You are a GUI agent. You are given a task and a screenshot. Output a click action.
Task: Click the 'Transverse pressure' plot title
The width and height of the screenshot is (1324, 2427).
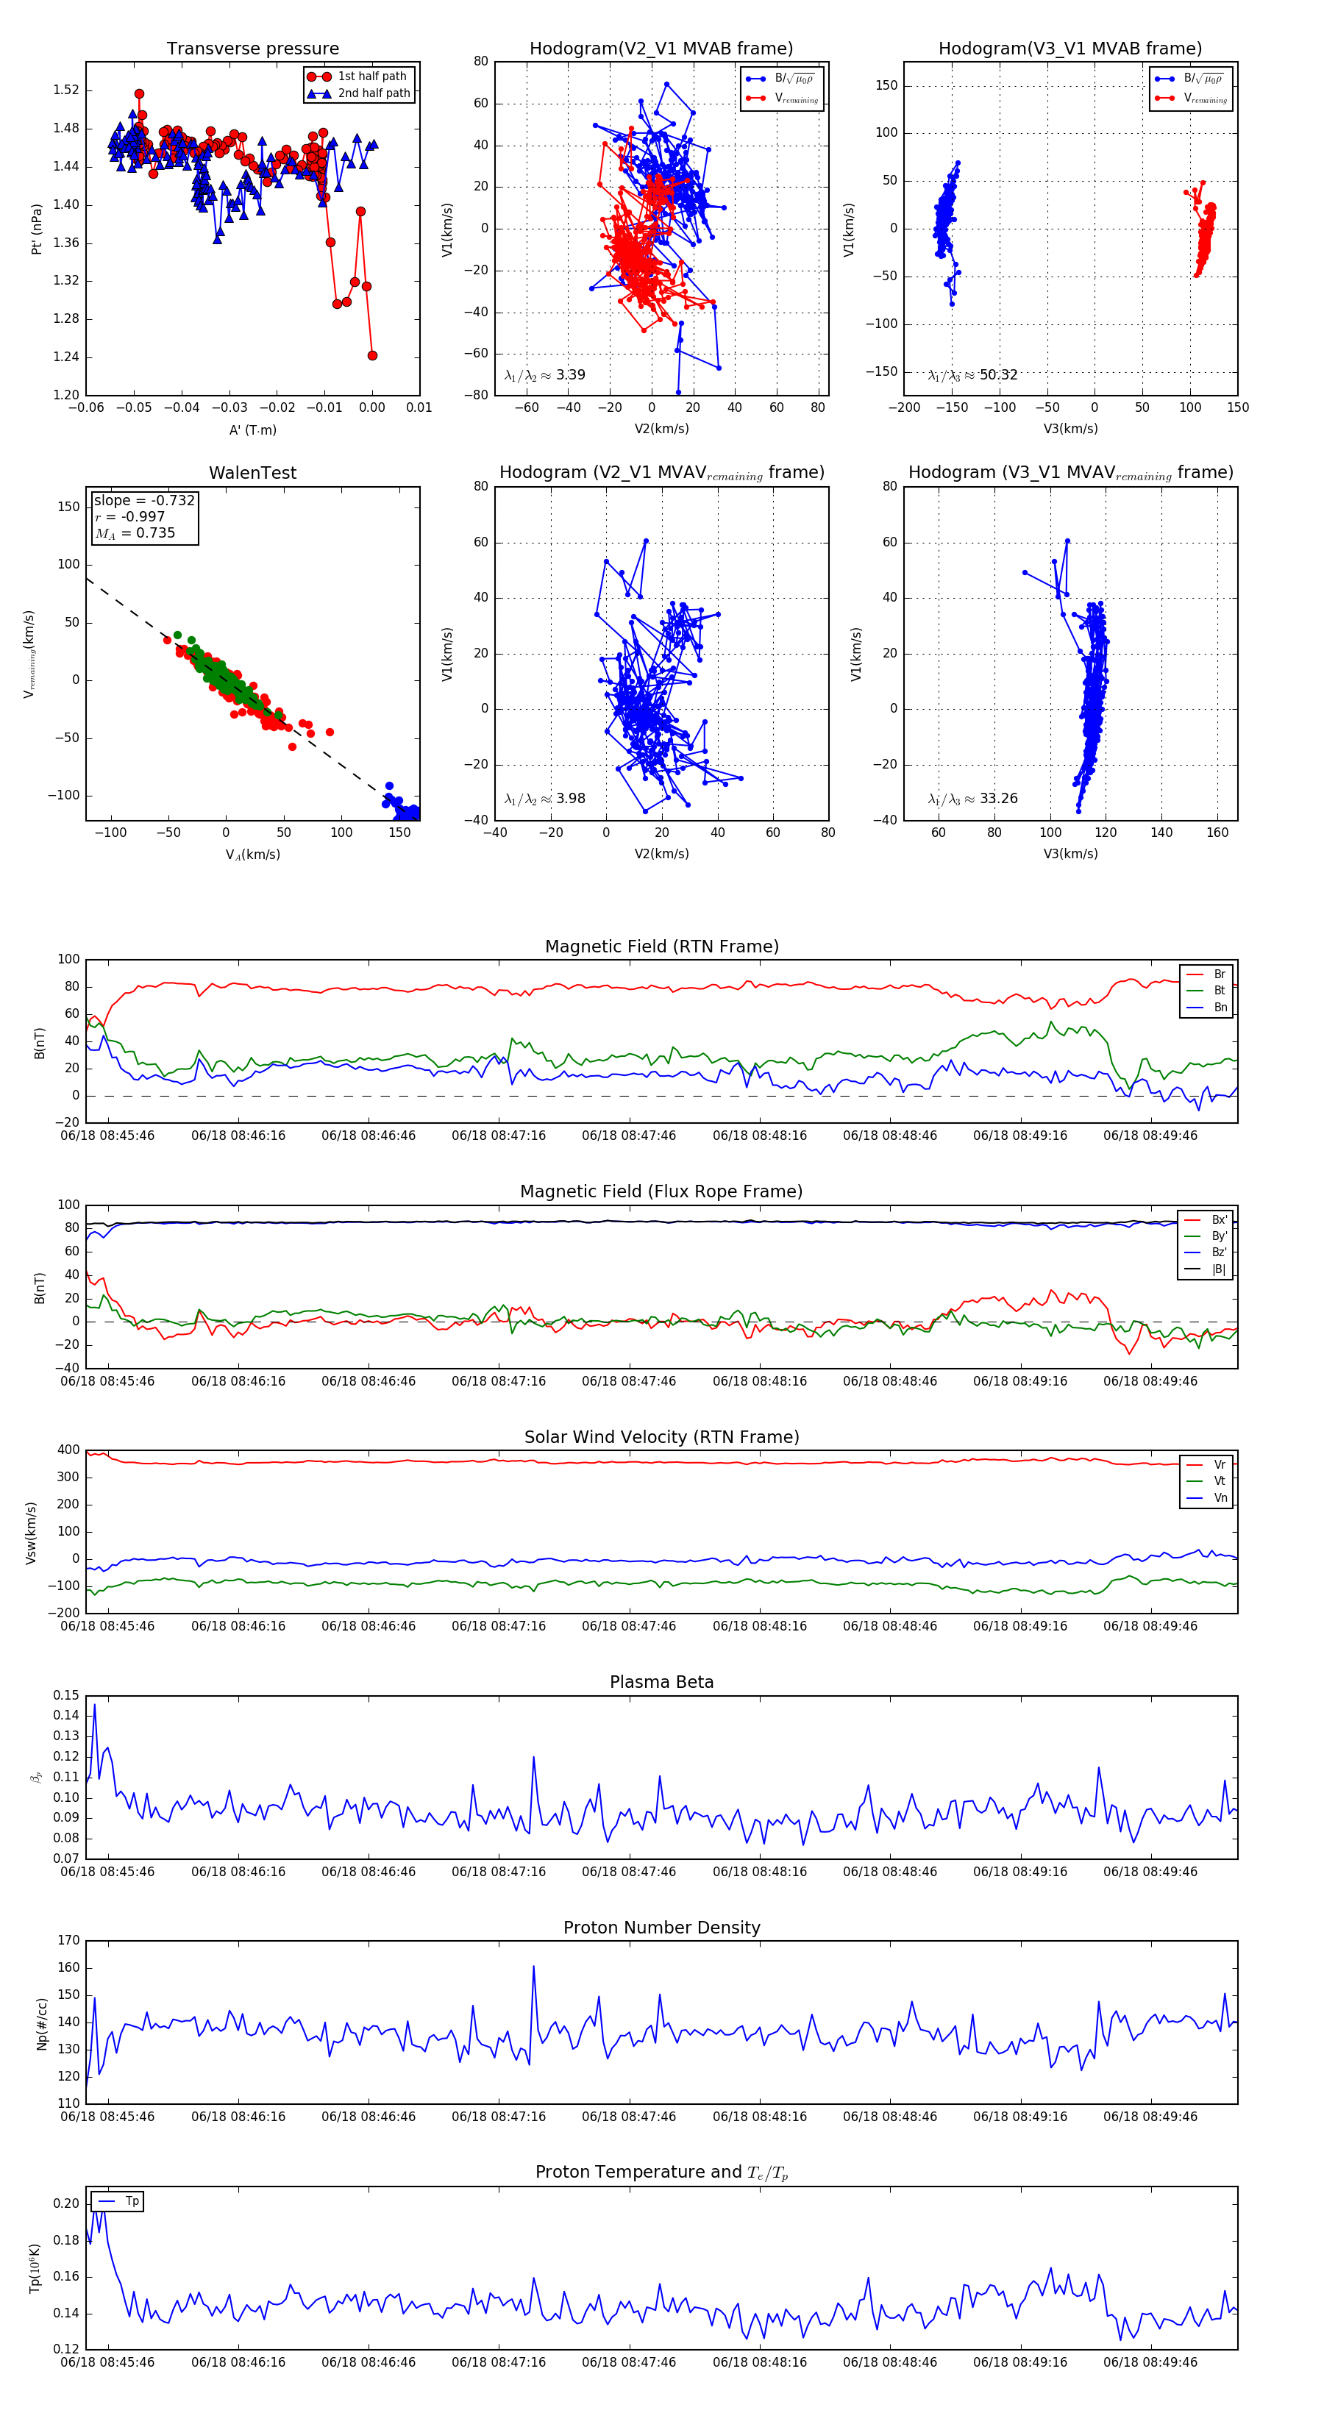pos(252,49)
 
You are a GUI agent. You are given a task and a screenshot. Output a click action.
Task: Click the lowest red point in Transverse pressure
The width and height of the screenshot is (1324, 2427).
pos(372,355)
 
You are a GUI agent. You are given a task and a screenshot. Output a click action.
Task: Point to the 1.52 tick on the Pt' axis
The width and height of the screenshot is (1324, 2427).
pos(66,90)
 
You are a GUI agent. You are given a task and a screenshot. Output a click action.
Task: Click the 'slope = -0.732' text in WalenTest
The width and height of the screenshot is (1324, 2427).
pos(144,500)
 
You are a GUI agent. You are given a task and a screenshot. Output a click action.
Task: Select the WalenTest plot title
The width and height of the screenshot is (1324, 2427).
pos(252,473)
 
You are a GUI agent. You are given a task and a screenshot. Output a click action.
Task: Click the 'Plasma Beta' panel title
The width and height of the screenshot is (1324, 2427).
pos(661,1682)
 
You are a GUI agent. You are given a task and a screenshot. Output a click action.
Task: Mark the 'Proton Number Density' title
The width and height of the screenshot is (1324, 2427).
pos(661,1927)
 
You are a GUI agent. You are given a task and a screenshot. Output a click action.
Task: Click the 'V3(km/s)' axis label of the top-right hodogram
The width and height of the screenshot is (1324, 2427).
pos(1069,429)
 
